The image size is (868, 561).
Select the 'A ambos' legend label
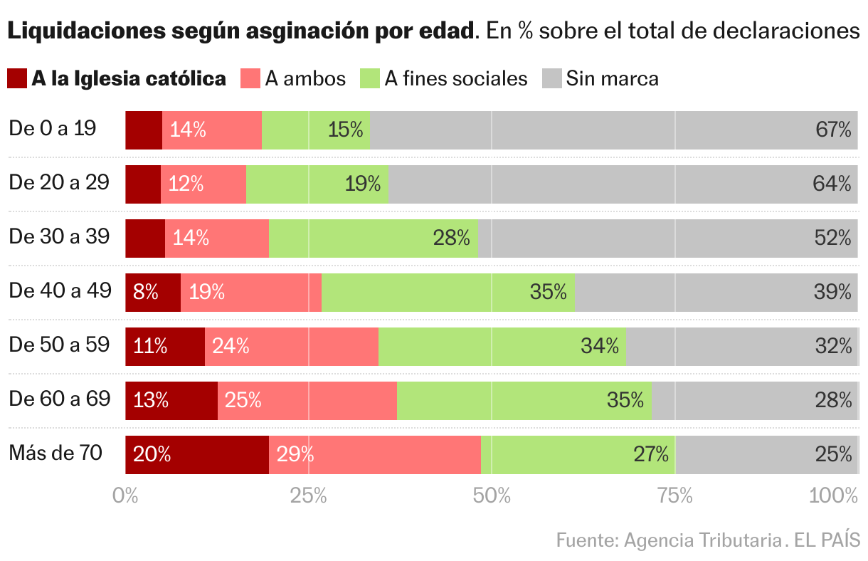(x=305, y=78)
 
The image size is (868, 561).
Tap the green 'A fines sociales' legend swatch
(x=371, y=78)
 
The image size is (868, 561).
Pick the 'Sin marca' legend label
(x=612, y=78)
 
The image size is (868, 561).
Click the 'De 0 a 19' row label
(x=53, y=129)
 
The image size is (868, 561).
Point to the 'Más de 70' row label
(x=55, y=453)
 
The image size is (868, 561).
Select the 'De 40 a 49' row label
(x=60, y=290)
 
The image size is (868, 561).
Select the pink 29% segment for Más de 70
(x=375, y=454)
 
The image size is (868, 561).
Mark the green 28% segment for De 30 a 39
(x=374, y=238)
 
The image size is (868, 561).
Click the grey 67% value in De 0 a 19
(x=833, y=130)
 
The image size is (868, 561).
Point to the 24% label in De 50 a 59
(x=231, y=346)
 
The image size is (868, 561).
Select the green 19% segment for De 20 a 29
(x=317, y=184)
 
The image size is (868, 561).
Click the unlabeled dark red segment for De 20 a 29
(x=143, y=184)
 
